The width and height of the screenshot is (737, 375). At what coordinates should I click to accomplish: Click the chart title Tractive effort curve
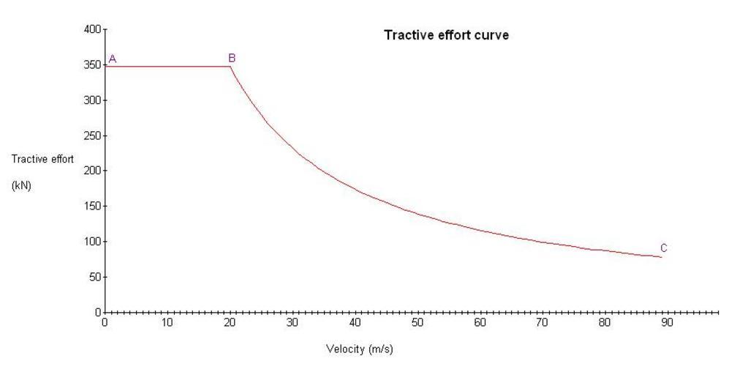click(446, 36)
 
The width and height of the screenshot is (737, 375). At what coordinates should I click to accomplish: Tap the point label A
click(113, 59)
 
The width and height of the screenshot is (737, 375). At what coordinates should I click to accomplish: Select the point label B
click(232, 58)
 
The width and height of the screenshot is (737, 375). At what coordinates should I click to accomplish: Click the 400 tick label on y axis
click(94, 29)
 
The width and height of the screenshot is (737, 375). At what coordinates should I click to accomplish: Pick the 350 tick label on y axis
click(94, 64)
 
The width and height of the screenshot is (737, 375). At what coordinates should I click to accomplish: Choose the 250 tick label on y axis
click(94, 135)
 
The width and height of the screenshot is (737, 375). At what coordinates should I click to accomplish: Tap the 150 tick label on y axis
click(94, 206)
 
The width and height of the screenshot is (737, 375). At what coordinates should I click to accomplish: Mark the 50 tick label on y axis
click(97, 277)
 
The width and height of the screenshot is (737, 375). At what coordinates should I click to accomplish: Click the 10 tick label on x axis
click(167, 322)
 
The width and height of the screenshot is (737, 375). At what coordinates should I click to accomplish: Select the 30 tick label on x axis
click(292, 322)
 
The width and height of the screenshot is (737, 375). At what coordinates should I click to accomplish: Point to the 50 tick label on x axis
click(417, 322)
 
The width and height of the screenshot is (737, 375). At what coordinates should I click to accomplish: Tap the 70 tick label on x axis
click(543, 322)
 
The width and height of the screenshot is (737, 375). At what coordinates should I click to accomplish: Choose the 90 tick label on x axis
click(668, 322)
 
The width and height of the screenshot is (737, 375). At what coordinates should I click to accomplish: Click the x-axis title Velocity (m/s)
click(359, 349)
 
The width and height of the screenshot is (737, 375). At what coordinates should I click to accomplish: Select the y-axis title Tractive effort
click(42, 160)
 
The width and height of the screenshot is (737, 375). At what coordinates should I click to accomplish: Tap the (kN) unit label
click(22, 185)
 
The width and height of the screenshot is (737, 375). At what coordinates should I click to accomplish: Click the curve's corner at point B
click(230, 67)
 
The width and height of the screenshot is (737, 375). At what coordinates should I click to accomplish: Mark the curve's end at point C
click(662, 257)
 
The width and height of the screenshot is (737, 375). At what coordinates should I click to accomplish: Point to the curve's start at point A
click(106, 67)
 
